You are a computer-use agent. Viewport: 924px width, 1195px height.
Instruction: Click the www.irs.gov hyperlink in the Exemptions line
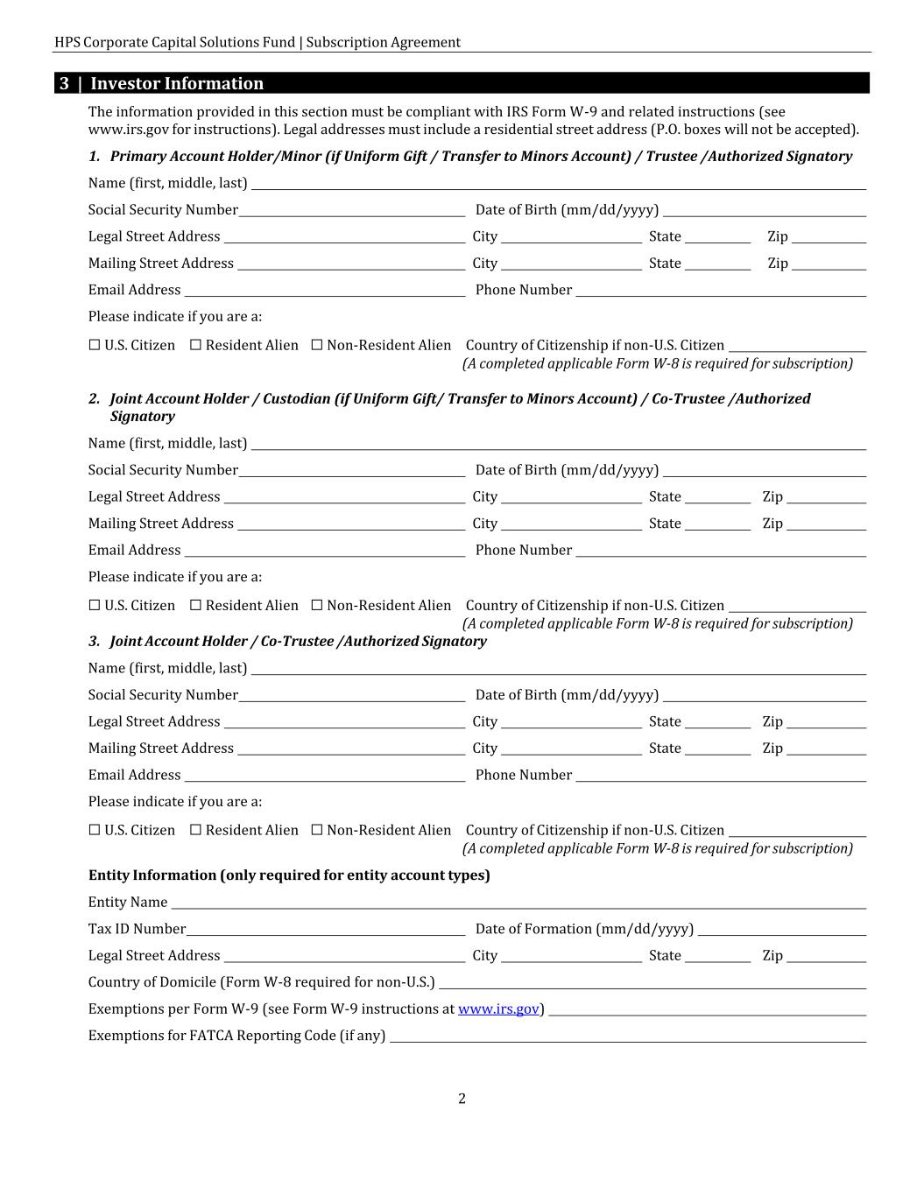pyautogui.click(x=497, y=1009)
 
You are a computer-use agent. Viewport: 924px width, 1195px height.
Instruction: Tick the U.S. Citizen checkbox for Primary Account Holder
pyautogui.click(x=95, y=345)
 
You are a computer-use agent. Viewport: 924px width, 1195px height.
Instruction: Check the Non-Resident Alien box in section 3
pyautogui.click(x=317, y=830)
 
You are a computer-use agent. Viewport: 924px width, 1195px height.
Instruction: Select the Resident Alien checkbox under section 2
pyautogui.click(x=196, y=605)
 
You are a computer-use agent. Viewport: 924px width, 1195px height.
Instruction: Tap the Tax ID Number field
pyautogui.click(x=326, y=930)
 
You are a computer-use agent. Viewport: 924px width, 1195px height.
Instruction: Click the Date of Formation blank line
pyautogui.click(x=782, y=930)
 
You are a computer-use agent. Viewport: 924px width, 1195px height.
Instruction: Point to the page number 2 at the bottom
pyautogui.click(x=462, y=1099)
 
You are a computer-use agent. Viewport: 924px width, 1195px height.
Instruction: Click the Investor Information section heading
pyautogui.click(x=177, y=84)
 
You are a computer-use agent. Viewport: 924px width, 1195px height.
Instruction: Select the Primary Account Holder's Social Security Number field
pyautogui.click(x=351, y=211)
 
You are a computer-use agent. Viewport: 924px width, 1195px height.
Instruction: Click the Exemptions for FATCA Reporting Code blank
pyautogui.click(x=628, y=1037)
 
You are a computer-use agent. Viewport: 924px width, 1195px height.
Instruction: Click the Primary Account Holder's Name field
pyautogui.click(x=558, y=184)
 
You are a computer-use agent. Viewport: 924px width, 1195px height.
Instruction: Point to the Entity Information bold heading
pyautogui.click(x=289, y=875)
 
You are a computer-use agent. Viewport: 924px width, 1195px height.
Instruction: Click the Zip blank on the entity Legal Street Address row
pyautogui.click(x=826, y=957)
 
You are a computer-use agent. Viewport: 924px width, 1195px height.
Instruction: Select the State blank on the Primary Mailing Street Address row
pyautogui.click(x=717, y=264)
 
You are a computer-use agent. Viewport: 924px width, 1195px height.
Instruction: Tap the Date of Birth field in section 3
pyautogui.click(x=764, y=696)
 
